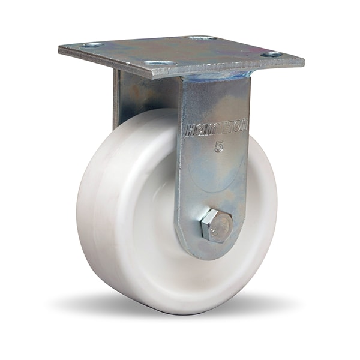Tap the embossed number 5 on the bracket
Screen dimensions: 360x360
coord(219,146)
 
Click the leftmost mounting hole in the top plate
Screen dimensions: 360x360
coord(92,45)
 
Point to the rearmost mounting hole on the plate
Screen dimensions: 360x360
coord(201,38)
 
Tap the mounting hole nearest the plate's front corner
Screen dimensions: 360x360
coord(161,63)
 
